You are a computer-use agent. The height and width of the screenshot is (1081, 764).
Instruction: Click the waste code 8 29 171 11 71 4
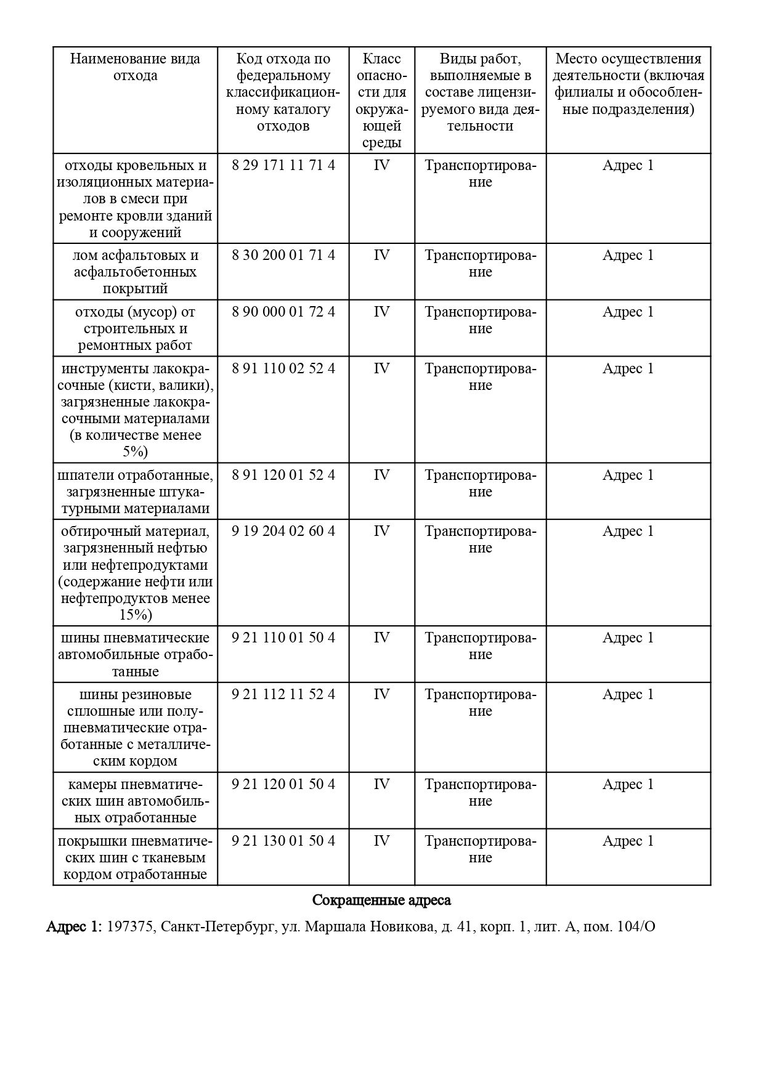[283, 166]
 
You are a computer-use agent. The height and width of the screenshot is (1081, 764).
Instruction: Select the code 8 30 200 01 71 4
[283, 256]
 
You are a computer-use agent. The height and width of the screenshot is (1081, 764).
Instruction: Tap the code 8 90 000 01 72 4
[283, 312]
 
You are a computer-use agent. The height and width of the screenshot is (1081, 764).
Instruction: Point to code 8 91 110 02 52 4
[283, 369]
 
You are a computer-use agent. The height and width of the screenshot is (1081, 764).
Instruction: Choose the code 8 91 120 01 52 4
[283, 476]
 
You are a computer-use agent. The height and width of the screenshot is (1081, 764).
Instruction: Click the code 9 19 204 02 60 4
[283, 532]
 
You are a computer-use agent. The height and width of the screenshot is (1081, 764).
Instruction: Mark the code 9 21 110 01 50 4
[283, 638]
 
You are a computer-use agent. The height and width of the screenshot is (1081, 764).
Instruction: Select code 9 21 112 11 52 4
[283, 695]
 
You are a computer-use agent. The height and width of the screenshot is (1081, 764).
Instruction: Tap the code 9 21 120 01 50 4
[283, 785]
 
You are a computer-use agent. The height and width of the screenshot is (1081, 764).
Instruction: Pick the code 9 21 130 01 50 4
[283, 841]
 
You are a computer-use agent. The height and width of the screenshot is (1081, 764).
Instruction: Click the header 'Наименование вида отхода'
[135, 67]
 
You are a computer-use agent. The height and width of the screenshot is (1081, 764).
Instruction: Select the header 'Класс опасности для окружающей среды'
[381, 100]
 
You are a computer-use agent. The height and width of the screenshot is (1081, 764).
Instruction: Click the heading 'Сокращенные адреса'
[381, 901]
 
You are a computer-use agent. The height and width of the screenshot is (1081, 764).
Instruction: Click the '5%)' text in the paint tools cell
[135, 452]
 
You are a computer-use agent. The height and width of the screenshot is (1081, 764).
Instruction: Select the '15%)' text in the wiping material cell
[135, 615]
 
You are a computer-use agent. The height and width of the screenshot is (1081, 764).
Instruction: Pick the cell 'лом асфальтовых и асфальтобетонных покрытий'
[135, 272]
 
